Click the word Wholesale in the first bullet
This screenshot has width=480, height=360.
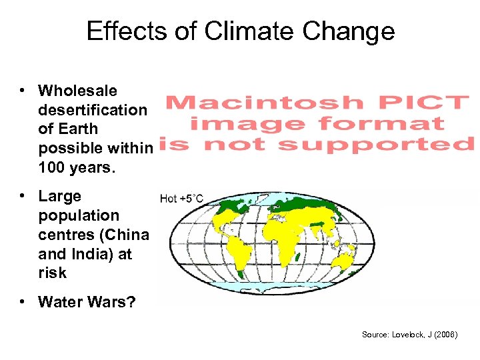click(77, 91)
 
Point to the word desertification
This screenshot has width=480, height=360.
click(93, 110)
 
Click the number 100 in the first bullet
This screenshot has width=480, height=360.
click(51, 167)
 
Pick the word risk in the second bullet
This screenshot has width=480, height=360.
click(52, 273)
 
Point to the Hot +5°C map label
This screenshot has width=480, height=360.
click(181, 198)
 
